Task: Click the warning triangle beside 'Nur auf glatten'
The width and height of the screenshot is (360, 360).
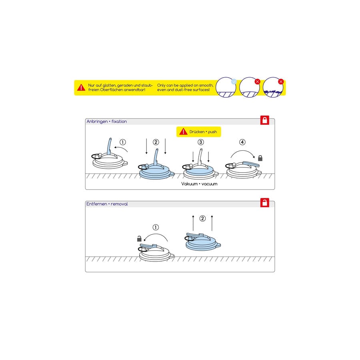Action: point(81,87)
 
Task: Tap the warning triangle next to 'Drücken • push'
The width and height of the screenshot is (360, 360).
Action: point(183,132)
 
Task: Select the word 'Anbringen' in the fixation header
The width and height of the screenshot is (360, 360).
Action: point(97,121)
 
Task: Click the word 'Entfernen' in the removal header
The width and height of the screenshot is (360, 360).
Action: point(96,204)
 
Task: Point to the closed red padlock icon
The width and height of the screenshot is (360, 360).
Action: point(265,120)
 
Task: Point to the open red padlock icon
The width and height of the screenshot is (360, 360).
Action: point(265,203)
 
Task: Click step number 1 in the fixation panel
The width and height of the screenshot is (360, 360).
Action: point(123,142)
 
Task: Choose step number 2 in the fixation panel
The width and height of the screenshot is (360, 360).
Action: point(156,142)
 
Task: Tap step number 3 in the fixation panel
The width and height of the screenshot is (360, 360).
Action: point(200,142)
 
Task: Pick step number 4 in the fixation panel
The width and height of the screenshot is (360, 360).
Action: point(242,142)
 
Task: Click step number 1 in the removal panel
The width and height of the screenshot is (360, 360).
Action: point(156,228)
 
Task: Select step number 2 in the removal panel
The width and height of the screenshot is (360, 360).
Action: point(202,218)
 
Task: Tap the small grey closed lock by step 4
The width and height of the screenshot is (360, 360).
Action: point(260,158)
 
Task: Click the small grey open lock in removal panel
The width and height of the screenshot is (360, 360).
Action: point(139,239)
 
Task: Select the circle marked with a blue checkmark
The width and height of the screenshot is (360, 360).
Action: point(226,87)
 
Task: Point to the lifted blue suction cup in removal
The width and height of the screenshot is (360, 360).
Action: point(203,241)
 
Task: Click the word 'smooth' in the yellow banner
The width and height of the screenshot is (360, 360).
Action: point(202,85)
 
